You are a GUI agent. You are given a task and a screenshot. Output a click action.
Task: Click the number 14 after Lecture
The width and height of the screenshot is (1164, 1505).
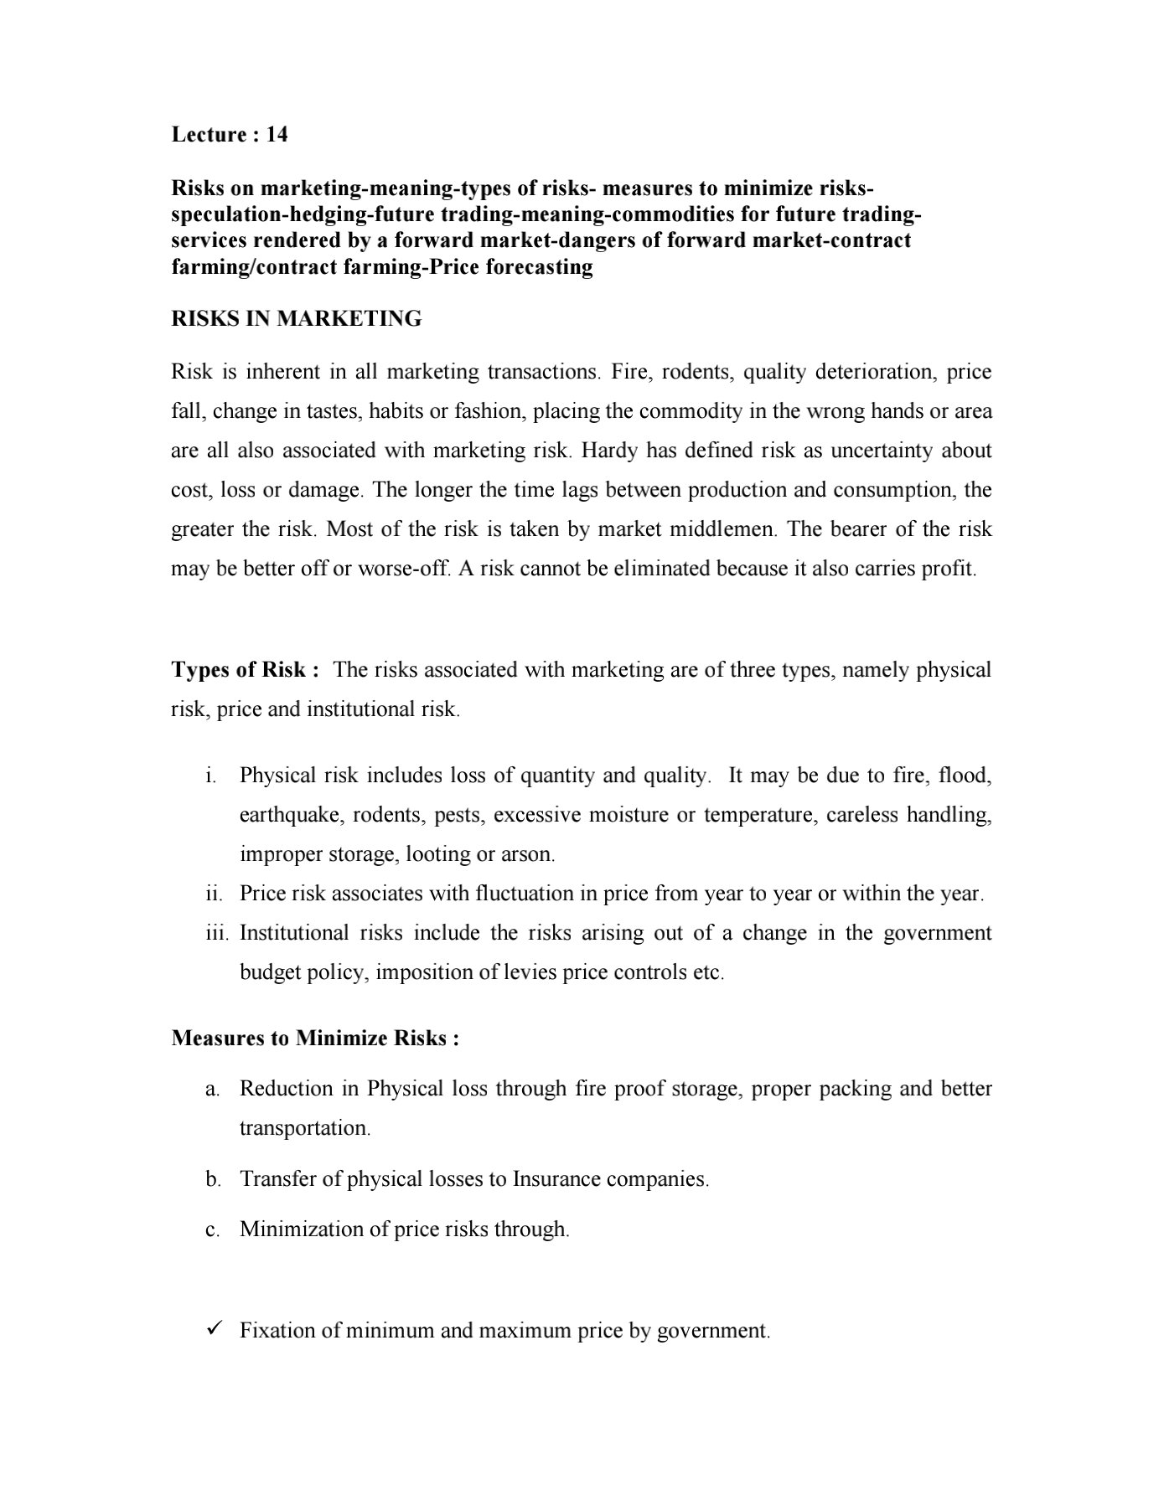tap(277, 135)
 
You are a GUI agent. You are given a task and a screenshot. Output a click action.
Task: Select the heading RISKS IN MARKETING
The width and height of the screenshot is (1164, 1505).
tap(297, 319)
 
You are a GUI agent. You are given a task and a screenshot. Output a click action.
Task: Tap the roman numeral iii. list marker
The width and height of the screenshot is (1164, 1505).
tap(216, 934)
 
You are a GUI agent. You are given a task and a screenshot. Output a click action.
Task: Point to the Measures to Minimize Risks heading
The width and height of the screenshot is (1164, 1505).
tap(315, 1039)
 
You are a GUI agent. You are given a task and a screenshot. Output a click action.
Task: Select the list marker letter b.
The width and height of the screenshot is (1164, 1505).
tap(213, 1180)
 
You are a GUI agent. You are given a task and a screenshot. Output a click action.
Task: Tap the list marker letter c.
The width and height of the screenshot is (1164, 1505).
tap(213, 1230)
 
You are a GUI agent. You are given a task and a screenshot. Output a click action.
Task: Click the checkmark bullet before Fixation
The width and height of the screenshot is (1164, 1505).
tap(213, 1329)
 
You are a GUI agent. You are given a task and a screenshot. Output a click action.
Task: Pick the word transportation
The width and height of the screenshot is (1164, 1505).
tap(304, 1128)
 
